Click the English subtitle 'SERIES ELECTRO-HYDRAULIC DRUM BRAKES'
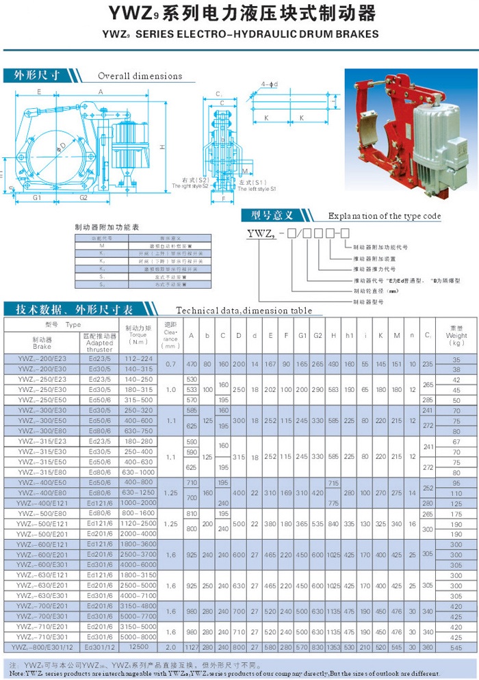[x=249, y=34]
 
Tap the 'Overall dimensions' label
[x=140, y=76]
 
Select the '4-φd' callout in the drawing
[x=269, y=84]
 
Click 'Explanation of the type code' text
[x=385, y=216]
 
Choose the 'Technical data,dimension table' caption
[x=244, y=311]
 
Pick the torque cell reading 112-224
[x=139, y=359]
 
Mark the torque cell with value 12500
[x=139, y=646]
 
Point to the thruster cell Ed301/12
[x=99, y=646]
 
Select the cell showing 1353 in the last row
[x=333, y=646]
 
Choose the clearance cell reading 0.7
[x=170, y=364]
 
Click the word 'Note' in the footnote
[x=15, y=673]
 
